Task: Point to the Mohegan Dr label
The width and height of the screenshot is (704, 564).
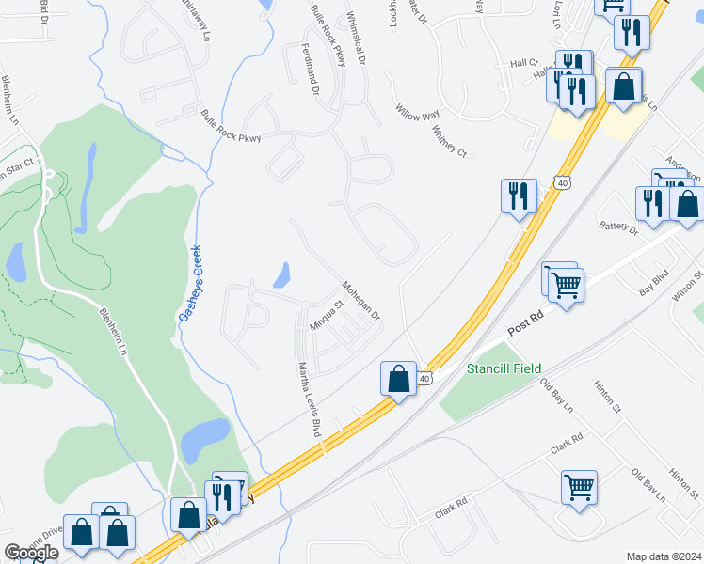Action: coord(360,301)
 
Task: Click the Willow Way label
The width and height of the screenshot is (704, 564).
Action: coord(418,113)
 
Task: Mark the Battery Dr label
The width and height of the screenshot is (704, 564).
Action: coord(619,227)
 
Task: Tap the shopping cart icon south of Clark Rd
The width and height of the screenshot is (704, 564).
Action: coord(579,487)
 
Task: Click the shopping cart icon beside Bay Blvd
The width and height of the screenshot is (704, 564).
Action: coord(566,284)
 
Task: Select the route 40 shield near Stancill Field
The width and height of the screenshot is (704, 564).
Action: coord(425,378)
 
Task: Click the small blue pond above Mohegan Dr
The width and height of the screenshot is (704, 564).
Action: coord(280,275)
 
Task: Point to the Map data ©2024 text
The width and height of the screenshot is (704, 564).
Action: coord(664,556)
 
